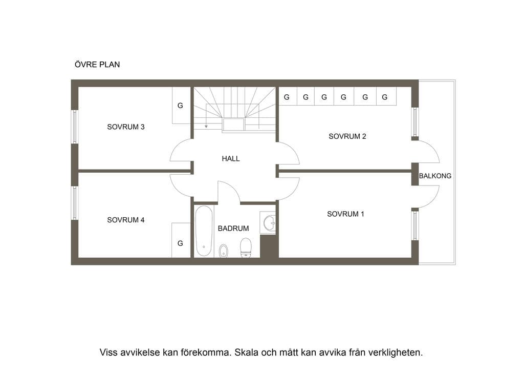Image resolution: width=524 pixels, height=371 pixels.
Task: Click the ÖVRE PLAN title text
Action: pyautogui.click(x=97, y=64)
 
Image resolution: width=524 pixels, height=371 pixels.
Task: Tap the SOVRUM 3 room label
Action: pyautogui.click(x=126, y=127)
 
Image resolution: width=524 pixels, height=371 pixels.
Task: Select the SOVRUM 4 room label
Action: pyautogui.click(x=126, y=220)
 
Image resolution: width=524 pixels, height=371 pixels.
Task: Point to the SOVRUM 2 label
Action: pyautogui.click(x=347, y=136)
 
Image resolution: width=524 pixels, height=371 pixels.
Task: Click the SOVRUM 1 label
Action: pyautogui.click(x=345, y=214)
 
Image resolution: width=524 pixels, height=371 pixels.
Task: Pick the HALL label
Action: pyautogui.click(x=231, y=158)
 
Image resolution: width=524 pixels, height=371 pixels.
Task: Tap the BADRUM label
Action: pyautogui.click(x=233, y=229)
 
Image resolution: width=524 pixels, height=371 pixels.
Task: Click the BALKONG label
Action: pyautogui.click(x=435, y=176)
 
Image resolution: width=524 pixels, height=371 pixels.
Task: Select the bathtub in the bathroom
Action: pyautogui.click(x=204, y=231)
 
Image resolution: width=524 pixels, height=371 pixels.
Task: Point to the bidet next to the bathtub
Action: pyautogui.click(x=223, y=251)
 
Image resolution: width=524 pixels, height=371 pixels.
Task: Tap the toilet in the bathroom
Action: pyautogui.click(x=246, y=248)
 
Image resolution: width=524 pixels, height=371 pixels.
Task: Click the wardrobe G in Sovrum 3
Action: pyautogui.click(x=181, y=106)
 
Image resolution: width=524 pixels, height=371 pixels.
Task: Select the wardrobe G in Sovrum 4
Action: pyautogui.click(x=181, y=240)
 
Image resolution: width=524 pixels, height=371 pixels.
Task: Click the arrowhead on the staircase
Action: pyautogui.click(x=206, y=127)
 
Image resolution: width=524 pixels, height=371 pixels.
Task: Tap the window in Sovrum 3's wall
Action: pyautogui.click(x=75, y=127)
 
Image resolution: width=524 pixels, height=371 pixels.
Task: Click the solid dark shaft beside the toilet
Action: pyautogui.click(x=269, y=246)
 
